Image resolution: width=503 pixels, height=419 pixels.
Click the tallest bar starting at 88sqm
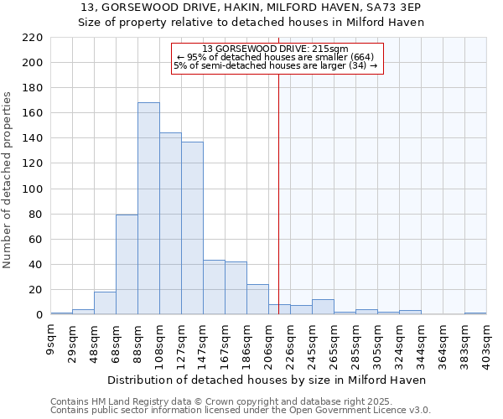point(148,209)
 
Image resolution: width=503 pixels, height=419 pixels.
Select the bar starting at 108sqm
point(170,224)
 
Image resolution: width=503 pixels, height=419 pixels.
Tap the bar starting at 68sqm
point(127,265)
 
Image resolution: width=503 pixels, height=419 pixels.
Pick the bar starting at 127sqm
point(192,228)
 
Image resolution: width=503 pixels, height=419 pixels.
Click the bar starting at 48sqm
point(105,303)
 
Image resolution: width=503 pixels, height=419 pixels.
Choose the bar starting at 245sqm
point(323,307)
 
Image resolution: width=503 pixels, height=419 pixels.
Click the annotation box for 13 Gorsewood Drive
point(277,58)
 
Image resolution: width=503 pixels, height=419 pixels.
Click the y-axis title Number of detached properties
point(8,180)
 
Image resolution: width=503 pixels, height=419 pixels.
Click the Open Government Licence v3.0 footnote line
point(241,411)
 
